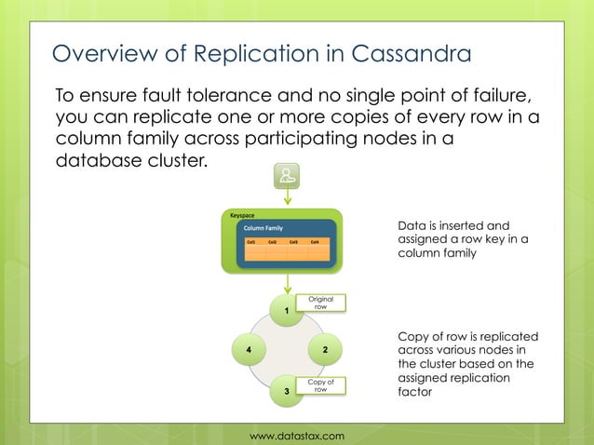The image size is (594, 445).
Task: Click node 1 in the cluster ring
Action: tap(287, 311)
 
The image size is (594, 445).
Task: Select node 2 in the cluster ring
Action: tap(325, 350)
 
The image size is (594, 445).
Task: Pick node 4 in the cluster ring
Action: tap(249, 350)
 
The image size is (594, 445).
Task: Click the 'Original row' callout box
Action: tap(320, 303)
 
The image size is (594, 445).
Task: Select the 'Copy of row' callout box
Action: tap(320, 385)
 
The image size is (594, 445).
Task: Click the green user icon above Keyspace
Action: tap(287, 176)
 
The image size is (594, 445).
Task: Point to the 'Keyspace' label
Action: tap(242, 215)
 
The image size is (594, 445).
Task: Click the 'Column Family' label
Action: tap(263, 227)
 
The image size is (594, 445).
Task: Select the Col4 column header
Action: tap(316, 242)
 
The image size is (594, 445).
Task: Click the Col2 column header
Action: tap(273, 242)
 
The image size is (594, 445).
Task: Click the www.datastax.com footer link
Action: tap(297, 436)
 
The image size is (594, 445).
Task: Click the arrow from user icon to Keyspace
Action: tap(287, 199)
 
